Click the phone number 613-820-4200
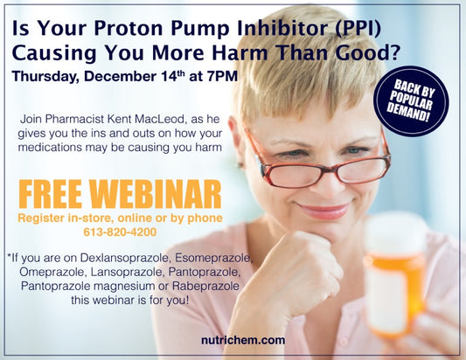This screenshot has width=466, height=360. tap(120, 232)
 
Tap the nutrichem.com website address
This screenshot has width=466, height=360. tap(243, 340)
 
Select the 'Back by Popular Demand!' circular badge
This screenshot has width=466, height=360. tap(411, 101)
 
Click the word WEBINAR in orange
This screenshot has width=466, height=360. tap(156, 194)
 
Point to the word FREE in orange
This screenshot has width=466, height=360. tap(50, 194)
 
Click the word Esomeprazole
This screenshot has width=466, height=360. tap(213, 258)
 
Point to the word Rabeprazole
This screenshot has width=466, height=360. tap(205, 286)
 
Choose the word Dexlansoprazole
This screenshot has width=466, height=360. tap(126, 258)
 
